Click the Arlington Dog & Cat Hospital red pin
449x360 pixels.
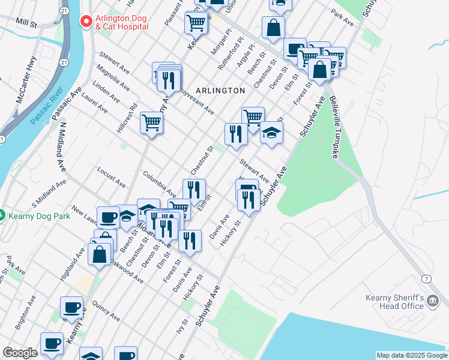point(86,22)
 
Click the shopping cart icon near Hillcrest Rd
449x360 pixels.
point(152,123)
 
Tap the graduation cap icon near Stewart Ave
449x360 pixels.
point(271,133)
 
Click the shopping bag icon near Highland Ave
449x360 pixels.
point(100,253)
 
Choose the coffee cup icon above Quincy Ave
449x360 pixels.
point(72,308)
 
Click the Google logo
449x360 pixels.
point(20,353)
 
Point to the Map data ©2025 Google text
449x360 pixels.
point(412,355)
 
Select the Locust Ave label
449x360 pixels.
point(111,175)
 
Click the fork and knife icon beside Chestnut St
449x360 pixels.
point(236,133)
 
